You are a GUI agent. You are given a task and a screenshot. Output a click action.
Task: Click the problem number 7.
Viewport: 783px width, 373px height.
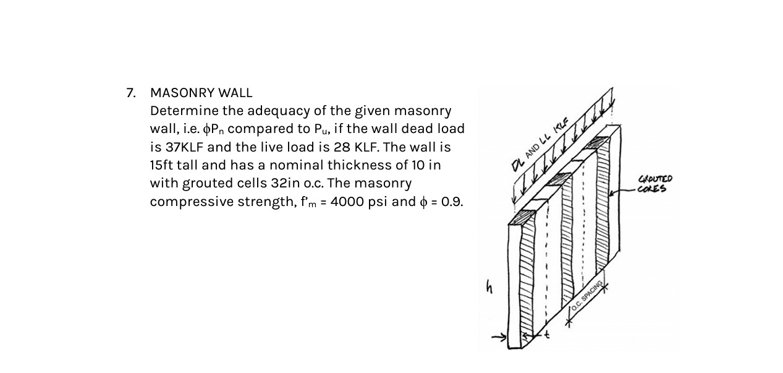click(x=130, y=93)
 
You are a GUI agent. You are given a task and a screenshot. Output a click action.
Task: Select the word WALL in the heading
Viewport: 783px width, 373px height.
click(x=237, y=93)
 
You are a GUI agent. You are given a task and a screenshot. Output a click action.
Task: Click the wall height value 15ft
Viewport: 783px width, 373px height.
click(x=162, y=165)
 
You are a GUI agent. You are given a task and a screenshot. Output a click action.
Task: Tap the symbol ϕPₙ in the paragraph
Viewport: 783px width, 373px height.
click(x=214, y=129)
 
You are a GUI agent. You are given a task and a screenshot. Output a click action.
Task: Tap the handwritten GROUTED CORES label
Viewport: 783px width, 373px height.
click(x=654, y=184)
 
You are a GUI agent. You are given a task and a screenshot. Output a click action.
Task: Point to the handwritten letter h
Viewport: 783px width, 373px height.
click(x=489, y=287)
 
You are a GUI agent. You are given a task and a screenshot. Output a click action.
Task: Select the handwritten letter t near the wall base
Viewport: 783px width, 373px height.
click(x=546, y=335)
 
